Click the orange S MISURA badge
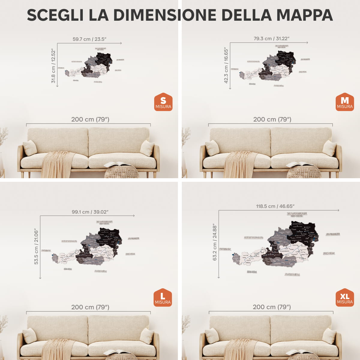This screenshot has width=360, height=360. (x=163, y=102)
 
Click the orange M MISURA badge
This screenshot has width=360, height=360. (x=345, y=102)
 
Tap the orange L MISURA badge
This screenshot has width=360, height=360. (x=163, y=298)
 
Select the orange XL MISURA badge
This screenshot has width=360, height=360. (x=345, y=298)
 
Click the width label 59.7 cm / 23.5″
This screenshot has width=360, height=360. (x=89, y=39)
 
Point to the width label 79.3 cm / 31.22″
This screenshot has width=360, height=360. (x=271, y=38)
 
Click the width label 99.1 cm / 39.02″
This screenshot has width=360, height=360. (x=90, y=212)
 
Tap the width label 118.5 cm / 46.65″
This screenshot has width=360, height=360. (x=275, y=206)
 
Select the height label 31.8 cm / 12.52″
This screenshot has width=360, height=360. (x=53, y=66)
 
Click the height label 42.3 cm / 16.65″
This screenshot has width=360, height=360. (x=226, y=65)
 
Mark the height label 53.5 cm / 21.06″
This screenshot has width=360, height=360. (x=36, y=247)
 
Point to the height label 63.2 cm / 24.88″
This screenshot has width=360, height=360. (x=215, y=242)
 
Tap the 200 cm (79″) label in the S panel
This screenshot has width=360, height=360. (x=90, y=119)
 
